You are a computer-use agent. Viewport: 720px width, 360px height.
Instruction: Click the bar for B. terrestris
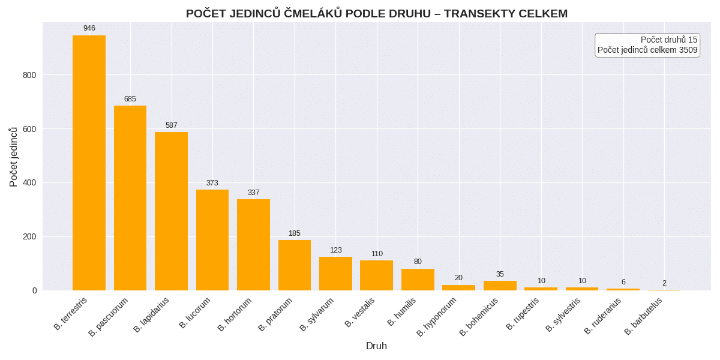[x=89, y=163]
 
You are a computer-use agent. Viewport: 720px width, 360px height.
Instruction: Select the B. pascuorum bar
[x=130, y=198]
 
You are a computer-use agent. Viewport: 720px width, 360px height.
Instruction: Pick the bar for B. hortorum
[x=253, y=245]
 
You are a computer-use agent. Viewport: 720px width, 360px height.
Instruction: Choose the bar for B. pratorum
[x=295, y=265]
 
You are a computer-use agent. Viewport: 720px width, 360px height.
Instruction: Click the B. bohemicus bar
[x=500, y=286]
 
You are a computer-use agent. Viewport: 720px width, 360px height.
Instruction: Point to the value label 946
[x=89, y=28]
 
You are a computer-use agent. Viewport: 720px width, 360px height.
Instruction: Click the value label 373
[x=212, y=183]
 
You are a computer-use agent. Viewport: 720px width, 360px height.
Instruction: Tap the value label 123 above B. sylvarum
[x=335, y=250]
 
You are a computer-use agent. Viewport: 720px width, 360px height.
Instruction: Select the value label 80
[x=418, y=262]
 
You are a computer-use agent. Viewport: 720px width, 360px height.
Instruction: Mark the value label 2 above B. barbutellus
[x=664, y=283]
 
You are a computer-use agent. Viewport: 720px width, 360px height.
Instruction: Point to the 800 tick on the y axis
[x=31, y=75]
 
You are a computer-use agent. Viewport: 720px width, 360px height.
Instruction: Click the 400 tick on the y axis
[x=31, y=182]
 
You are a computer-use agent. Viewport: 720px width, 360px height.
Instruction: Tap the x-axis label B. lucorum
[x=196, y=313]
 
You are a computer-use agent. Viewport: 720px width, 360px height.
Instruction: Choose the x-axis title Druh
[x=376, y=346]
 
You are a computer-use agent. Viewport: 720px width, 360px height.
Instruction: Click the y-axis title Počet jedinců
[x=14, y=157]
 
